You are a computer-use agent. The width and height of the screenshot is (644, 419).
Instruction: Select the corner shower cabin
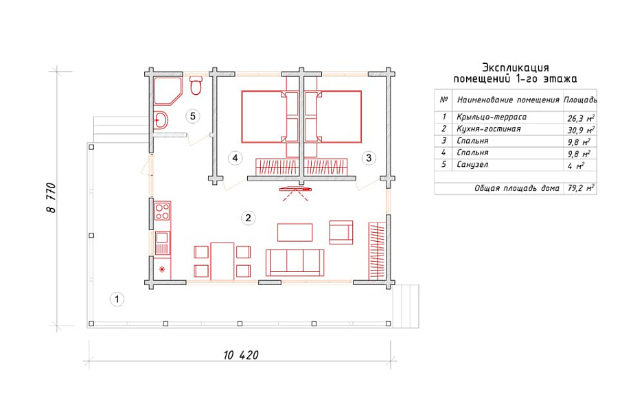(167, 91)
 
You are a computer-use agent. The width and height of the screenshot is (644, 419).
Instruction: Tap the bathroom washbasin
(161, 120)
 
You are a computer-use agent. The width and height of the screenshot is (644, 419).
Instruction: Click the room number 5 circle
(193, 116)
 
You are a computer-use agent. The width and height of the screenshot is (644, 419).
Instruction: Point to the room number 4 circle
(235, 158)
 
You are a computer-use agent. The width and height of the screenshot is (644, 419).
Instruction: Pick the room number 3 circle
(369, 158)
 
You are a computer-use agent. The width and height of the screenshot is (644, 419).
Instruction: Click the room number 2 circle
(248, 218)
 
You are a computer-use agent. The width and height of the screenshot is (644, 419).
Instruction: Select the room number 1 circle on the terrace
(117, 299)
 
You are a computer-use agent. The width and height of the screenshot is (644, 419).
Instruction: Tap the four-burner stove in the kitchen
(162, 211)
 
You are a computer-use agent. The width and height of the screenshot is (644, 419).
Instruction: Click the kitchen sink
(162, 242)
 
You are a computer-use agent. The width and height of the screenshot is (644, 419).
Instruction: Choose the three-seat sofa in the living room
(295, 262)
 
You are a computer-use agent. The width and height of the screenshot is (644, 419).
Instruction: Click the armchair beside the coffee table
(341, 232)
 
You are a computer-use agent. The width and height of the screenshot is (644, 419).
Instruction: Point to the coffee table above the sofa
(295, 232)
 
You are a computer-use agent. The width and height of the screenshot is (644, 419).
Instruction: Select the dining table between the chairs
(222, 261)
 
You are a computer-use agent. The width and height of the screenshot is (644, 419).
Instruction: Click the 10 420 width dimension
(241, 355)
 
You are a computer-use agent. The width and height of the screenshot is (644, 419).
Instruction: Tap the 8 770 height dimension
(51, 198)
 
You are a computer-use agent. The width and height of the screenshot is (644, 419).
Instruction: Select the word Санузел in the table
(472, 165)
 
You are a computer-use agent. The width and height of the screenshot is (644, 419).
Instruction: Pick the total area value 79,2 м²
(581, 188)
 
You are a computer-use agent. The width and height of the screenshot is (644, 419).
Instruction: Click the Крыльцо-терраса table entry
(492, 117)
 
